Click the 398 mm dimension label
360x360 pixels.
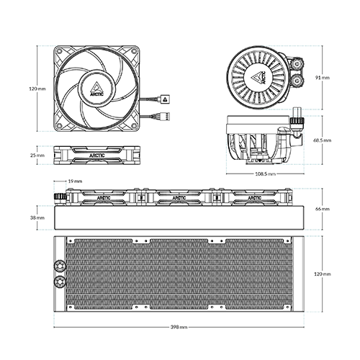point(179,327)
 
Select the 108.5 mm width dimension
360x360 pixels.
point(265,174)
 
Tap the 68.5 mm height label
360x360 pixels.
point(322,140)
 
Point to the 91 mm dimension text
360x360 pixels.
point(323,78)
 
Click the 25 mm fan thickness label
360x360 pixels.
point(37,156)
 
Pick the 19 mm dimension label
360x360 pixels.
point(75,181)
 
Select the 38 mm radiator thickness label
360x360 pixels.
point(37,217)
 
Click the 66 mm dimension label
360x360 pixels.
point(323,209)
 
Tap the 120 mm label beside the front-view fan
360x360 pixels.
point(37,89)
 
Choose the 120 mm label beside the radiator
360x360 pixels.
point(323,274)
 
